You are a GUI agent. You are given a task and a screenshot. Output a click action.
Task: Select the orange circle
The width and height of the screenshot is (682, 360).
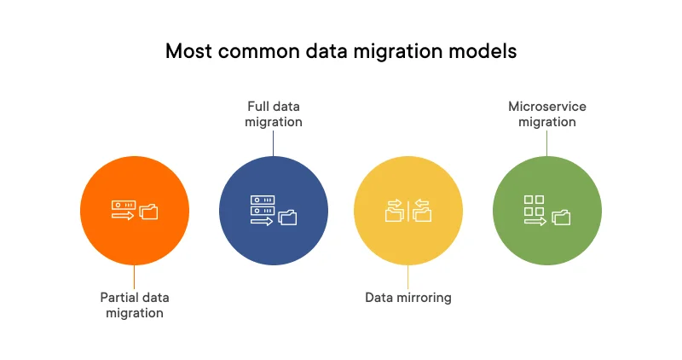(135, 211)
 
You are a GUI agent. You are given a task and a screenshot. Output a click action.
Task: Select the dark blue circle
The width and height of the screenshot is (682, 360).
(274, 211)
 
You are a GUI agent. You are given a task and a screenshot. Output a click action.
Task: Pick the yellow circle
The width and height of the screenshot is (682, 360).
(408, 211)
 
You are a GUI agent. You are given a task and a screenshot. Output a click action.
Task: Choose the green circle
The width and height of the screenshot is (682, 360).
(547, 211)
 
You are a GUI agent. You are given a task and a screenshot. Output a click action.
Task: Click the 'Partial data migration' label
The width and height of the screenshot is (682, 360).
(135, 305)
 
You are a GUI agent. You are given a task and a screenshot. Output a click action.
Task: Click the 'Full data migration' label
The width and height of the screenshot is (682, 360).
(274, 114)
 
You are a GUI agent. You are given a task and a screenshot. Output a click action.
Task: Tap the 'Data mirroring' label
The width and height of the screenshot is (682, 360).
(408, 298)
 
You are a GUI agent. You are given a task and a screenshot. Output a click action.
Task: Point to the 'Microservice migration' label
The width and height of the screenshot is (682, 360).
(547, 114)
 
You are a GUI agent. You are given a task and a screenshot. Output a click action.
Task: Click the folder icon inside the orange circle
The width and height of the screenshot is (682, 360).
(149, 212)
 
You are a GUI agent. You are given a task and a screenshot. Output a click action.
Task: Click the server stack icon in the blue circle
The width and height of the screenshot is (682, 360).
(262, 205)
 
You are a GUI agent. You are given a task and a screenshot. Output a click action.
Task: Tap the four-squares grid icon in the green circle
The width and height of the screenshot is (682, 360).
(534, 205)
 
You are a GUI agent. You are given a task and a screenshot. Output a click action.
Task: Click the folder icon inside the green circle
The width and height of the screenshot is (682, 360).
(561, 217)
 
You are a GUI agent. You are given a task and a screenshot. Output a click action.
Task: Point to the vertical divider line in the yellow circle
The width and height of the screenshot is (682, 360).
(408, 211)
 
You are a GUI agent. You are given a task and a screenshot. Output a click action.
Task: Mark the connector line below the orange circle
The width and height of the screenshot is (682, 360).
(135, 276)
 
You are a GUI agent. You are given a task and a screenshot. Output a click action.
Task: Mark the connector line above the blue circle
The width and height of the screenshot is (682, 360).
(274, 143)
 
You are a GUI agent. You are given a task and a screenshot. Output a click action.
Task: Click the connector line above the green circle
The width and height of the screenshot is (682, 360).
(547, 143)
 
